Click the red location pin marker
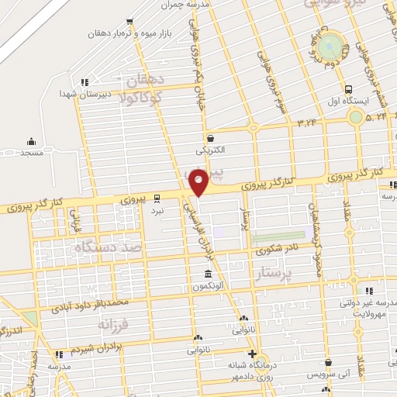(x=199, y=181)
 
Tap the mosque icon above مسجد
(x=31, y=141)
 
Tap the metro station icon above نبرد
(x=157, y=198)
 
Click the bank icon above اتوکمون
(x=208, y=274)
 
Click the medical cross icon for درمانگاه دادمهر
(x=253, y=354)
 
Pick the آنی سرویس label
(x=329, y=374)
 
